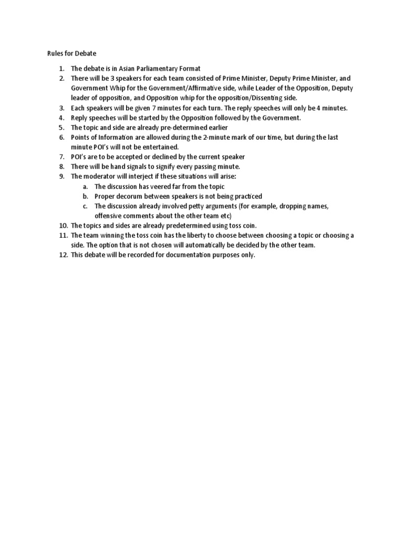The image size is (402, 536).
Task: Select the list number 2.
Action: (61, 79)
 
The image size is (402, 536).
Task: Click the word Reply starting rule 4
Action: (80, 118)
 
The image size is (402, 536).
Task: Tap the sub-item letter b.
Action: (85, 196)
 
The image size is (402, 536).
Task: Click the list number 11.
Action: (62, 236)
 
